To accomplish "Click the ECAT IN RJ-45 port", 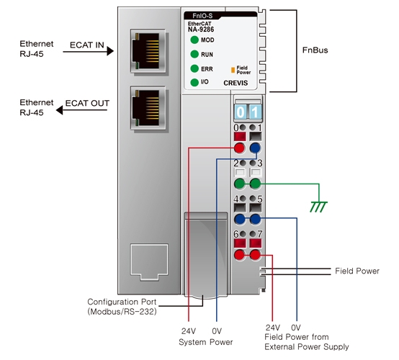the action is click(x=148, y=51).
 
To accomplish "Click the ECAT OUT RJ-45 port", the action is click(x=148, y=108).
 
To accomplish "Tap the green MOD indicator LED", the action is click(x=194, y=40).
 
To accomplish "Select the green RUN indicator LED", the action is click(x=194, y=54).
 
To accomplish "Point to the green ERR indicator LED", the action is click(x=194, y=68).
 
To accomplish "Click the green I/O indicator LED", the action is click(x=194, y=82).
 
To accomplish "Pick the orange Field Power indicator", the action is click(x=233, y=70).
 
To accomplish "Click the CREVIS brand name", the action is click(x=236, y=83).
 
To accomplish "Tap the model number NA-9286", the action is click(x=201, y=30).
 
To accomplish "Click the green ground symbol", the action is click(x=318, y=207).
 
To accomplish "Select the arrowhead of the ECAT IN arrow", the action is click(x=110, y=51).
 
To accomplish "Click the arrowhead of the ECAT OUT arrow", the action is click(x=59, y=110).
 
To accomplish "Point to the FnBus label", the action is click(x=315, y=50).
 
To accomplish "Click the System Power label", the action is click(x=205, y=342).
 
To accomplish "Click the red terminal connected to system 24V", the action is click(x=239, y=148).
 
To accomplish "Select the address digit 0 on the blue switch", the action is click(x=241, y=112).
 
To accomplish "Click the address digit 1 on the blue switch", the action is click(x=255, y=112).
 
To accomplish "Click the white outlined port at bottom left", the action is click(x=149, y=262).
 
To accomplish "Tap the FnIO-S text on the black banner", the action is click(x=202, y=16).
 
